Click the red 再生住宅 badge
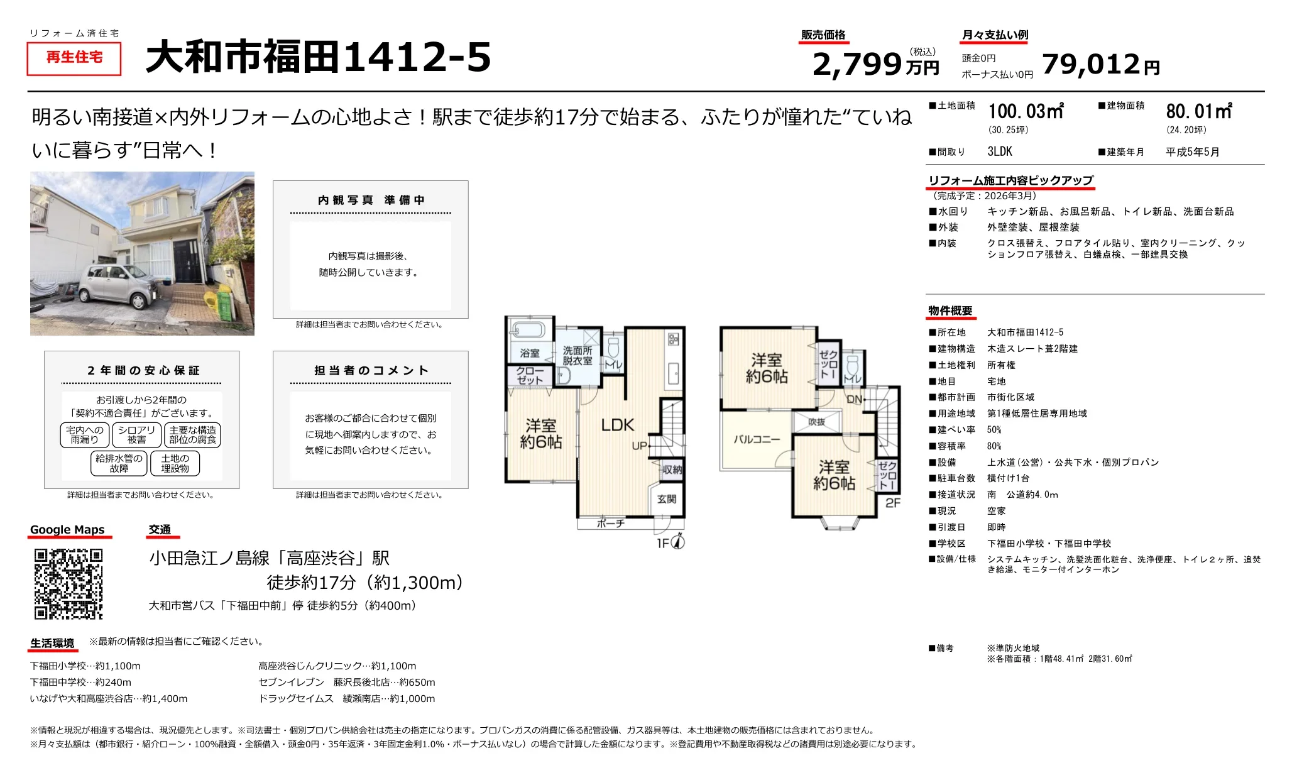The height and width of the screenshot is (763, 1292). click(x=74, y=58)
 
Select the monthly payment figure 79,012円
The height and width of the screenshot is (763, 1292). click(x=1100, y=64)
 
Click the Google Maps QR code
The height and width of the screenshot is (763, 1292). click(x=68, y=584)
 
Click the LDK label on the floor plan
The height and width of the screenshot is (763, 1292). click(x=618, y=425)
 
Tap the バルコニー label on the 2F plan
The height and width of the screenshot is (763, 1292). click(x=757, y=439)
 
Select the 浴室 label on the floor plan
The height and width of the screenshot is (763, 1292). click(x=530, y=353)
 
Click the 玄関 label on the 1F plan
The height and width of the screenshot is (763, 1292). click(x=667, y=499)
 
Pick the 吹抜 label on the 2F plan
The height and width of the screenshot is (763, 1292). click(x=816, y=422)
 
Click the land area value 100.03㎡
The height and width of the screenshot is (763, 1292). click(x=1026, y=112)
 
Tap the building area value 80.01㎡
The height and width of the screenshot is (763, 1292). click(x=1199, y=112)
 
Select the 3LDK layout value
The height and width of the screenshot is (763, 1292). click(x=1000, y=151)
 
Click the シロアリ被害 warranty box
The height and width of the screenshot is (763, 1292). click(x=136, y=435)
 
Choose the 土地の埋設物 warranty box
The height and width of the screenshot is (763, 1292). click(x=175, y=463)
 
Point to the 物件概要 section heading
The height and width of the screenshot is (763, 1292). click(x=950, y=311)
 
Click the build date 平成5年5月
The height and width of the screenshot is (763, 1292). click(x=1192, y=152)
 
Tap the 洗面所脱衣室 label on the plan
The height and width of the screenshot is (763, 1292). click(x=577, y=356)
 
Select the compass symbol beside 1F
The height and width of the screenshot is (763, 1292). click(x=679, y=542)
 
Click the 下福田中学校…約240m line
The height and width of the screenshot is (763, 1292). click(x=80, y=683)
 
